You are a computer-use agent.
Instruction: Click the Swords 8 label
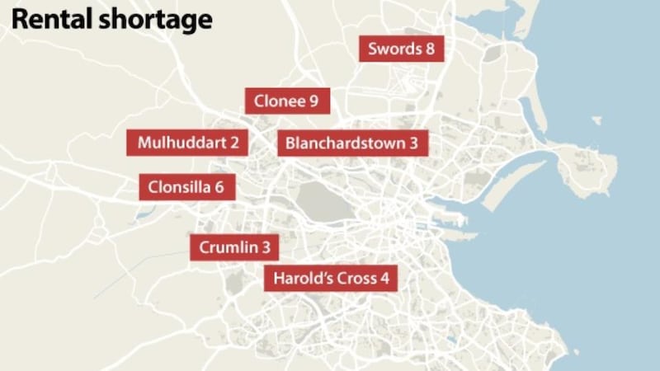point(402,49)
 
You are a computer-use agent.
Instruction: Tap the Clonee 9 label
point(287,101)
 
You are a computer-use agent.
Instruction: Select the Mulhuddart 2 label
point(187,142)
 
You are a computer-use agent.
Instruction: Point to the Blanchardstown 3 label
point(352,143)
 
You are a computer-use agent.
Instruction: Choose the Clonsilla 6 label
point(186,186)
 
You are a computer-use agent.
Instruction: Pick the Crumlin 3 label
point(234,247)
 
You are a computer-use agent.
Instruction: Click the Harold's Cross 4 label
point(331,278)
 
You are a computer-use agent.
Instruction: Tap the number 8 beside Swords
point(430,49)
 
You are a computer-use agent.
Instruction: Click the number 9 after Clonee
point(313,101)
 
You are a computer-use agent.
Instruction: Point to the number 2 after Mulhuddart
point(235,142)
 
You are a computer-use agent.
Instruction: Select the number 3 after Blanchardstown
point(413,143)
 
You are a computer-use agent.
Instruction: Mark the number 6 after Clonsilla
point(219,186)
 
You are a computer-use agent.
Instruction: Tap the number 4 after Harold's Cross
point(384,278)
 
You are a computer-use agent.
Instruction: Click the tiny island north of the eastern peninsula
point(596,120)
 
